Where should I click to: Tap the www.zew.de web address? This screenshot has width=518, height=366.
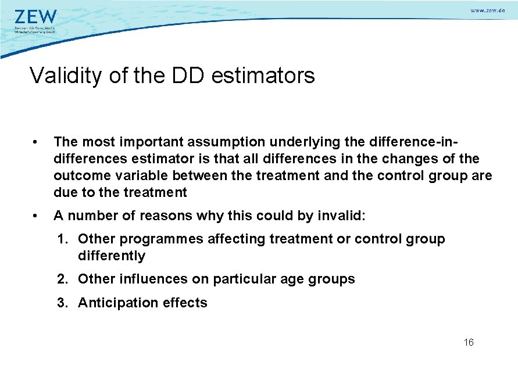coord(487,11)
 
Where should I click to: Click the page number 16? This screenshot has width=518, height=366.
coord(469,342)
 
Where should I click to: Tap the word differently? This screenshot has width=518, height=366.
coord(112,256)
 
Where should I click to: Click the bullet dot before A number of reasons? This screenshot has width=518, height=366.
coord(36,216)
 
